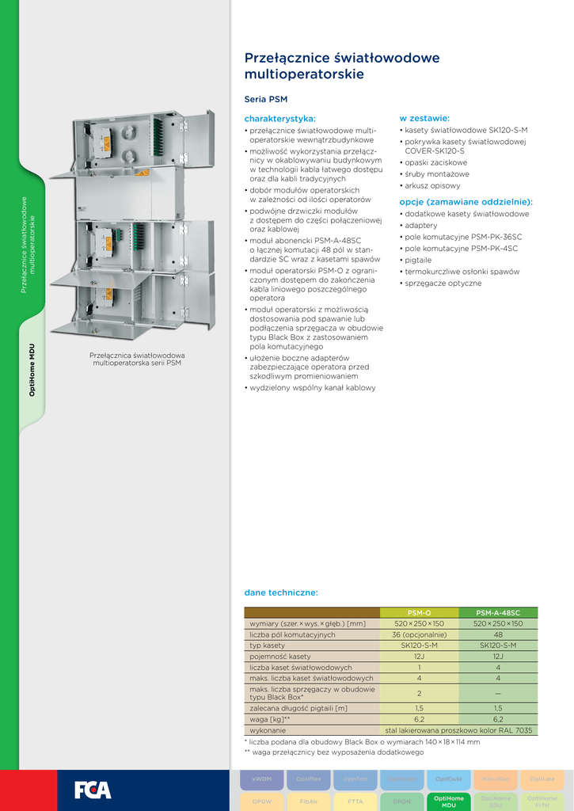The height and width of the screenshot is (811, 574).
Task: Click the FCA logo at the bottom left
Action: [93, 790]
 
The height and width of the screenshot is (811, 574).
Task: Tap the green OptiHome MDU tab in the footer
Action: [450, 801]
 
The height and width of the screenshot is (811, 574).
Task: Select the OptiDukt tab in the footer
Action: [449, 779]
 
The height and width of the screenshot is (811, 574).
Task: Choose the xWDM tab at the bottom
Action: [261, 779]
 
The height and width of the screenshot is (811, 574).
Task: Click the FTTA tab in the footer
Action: [355, 801]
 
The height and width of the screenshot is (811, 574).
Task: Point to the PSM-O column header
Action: [419, 613]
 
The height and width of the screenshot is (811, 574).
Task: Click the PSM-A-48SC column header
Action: [498, 613]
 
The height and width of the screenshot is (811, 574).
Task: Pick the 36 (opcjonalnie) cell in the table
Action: [419, 634]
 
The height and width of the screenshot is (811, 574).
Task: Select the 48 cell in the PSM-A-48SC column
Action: [498, 634]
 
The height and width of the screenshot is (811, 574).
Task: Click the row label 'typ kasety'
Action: [268, 645]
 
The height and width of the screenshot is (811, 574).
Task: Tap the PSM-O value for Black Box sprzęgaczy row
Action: [419, 692]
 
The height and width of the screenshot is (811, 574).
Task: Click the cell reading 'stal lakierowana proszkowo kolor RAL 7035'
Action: [458, 730]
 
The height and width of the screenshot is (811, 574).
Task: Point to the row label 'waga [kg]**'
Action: [270, 719]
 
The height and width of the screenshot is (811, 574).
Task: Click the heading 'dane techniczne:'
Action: [281, 592]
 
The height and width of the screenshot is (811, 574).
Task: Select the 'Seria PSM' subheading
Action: [266, 100]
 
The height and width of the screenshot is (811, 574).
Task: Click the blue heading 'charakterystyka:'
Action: [279, 118]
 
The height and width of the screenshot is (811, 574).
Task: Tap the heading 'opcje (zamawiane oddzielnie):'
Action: [466, 202]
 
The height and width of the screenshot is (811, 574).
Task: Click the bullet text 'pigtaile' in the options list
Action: [418, 260]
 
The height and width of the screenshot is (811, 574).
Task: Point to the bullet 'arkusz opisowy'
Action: [432, 185]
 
